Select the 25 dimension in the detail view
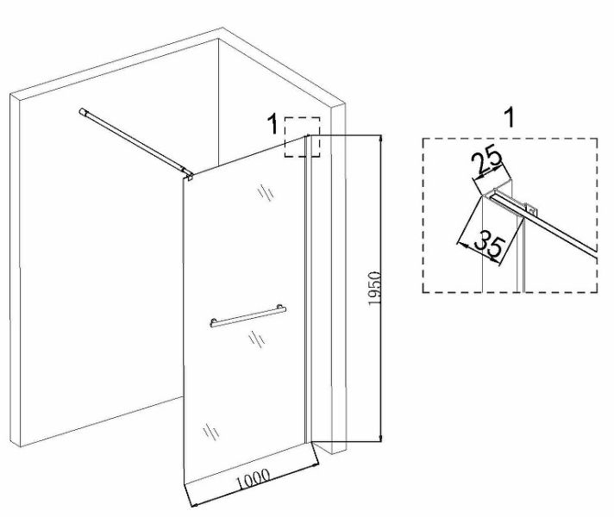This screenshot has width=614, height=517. click(x=487, y=161)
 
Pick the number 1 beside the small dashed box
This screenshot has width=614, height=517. click(x=272, y=125)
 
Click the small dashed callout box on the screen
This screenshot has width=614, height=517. click(x=303, y=137)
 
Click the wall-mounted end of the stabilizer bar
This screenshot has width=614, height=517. click(x=85, y=111)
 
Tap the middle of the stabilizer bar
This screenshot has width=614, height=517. click(x=134, y=141)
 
